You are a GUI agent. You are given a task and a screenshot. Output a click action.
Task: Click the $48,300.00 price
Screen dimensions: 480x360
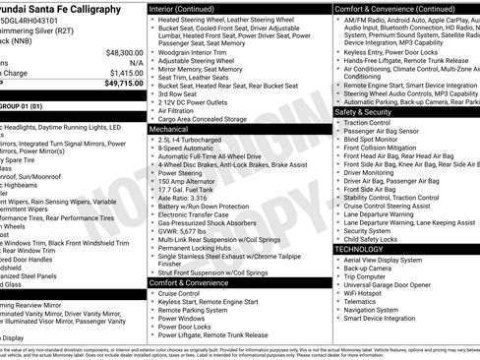(x=124, y=52)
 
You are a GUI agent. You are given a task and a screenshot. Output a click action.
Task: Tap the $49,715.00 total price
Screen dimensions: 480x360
(x=124, y=84)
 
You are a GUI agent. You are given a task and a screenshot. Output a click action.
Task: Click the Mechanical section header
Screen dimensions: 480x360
(x=169, y=129)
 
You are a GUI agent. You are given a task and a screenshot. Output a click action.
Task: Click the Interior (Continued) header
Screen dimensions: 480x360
(x=189, y=8)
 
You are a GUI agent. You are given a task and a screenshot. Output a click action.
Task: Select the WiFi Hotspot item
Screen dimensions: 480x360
(x=368, y=292)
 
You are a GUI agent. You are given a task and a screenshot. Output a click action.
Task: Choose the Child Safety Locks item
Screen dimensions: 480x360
(x=371, y=239)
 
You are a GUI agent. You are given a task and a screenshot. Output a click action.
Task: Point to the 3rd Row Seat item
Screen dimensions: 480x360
(x=180, y=94)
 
